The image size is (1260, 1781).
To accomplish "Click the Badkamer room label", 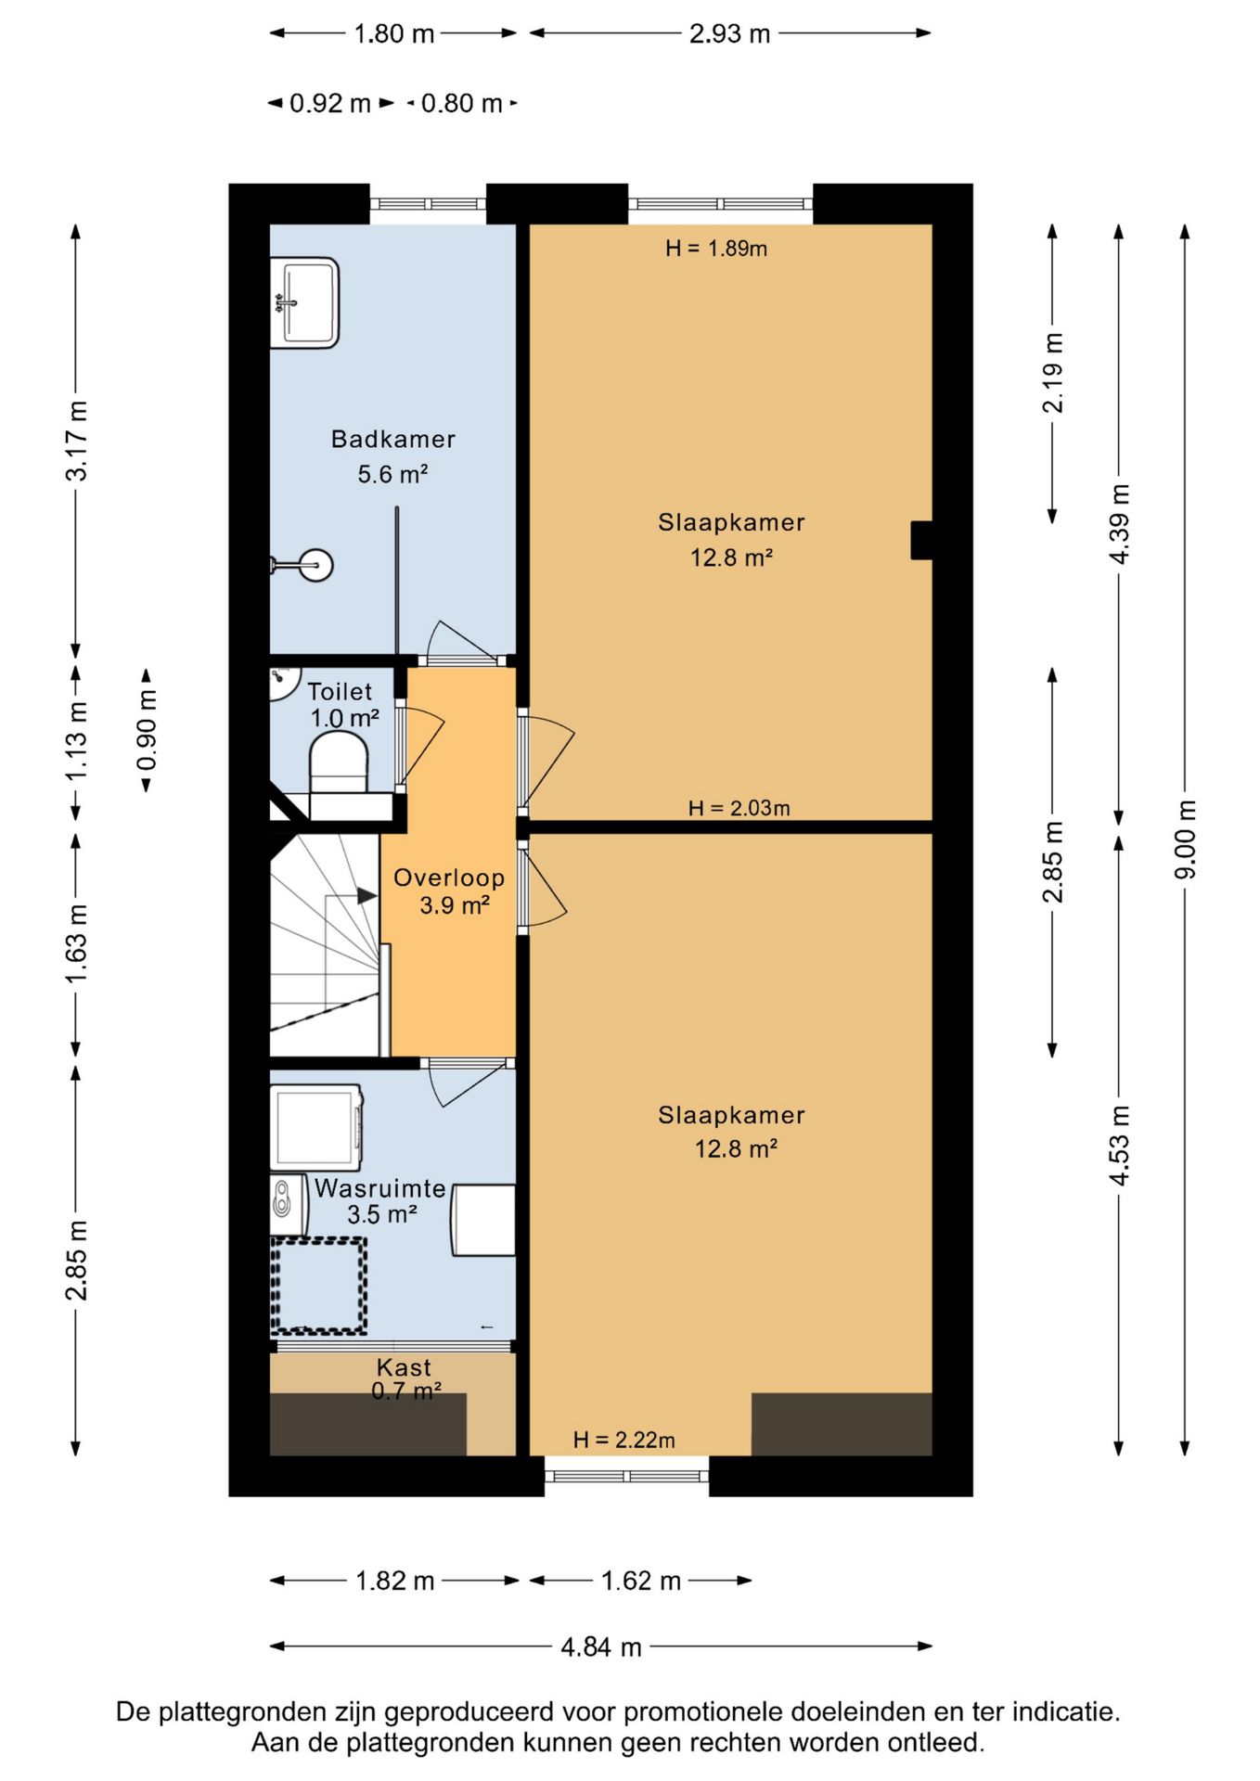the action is click(393, 439).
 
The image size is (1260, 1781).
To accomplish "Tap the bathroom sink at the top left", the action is click(304, 302).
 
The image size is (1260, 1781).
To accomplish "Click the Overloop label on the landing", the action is click(449, 878).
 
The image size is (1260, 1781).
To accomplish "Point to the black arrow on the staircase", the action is click(367, 896).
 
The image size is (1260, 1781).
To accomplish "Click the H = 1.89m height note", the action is click(716, 249).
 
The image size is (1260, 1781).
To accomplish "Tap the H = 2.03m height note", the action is click(739, 808).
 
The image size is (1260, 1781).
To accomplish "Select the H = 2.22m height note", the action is click(624, 1440).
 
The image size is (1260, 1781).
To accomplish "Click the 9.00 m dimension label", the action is click(1186, 839).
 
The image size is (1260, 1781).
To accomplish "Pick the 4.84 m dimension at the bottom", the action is click(601, 1647).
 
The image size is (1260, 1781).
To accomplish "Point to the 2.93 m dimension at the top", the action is click(730, 34).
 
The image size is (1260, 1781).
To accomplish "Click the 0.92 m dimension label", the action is click(330, 103).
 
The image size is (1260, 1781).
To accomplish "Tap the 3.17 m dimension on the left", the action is click(77, 441).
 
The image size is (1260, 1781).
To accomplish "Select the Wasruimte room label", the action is click(380, 1188).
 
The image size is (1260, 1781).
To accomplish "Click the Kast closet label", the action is click(404, 1367).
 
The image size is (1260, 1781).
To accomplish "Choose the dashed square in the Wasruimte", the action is click(318, 1285).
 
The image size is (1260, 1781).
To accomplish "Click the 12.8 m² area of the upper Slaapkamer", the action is click(732, 557).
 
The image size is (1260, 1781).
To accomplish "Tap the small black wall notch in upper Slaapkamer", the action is click(921, 541).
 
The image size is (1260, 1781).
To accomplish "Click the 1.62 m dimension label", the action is click(641, 1581).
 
